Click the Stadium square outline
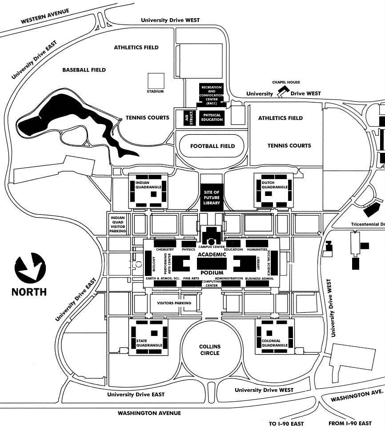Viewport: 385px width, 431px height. pos(156,80)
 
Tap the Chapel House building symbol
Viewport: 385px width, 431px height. pos(281,92)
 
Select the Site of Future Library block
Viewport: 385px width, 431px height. pos(212,197)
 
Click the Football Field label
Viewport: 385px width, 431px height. pos(213,146)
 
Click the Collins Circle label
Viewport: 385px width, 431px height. pos(210,350)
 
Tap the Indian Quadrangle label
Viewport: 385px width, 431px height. pos(148,185)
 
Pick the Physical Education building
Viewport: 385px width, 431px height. pos(212,117)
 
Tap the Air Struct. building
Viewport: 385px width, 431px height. pos(187,117)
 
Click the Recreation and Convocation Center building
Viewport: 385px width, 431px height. pos(212,94)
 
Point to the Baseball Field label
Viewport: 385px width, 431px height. pos(84,70)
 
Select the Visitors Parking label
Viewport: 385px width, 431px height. pos(174,303)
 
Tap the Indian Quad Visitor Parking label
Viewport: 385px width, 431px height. pos(118,223)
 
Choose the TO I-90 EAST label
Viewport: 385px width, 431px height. pos(286,423)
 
